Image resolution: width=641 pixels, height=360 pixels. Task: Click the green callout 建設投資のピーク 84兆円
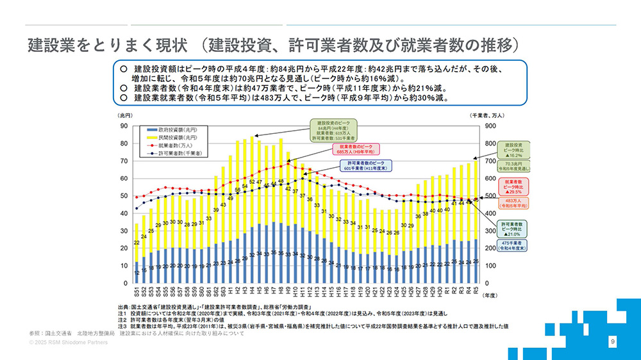coord(334,129)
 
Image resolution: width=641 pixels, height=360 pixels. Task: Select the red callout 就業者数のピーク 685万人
coord(356,150)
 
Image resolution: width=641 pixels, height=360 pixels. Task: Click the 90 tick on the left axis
coord(124,126)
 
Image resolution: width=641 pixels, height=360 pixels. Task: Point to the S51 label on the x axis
coord(137,292)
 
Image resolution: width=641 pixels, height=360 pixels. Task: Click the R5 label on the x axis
coord(476,291)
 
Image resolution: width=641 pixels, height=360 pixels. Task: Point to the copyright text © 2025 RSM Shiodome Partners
coord(68,343)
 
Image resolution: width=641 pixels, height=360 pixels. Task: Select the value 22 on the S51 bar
coord(137,243)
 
